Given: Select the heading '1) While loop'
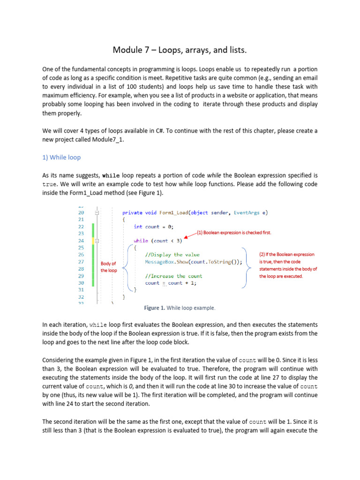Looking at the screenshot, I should (x=61, y=157).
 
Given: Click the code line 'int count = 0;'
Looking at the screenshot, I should (x=153, y=226).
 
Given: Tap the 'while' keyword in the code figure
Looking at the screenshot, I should (x=141, y=240).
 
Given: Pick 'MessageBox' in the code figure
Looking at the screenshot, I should (x=160, y=262).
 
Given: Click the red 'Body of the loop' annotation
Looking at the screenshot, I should (x=109, y=267).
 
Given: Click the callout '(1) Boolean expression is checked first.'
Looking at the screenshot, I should (x=233, y=232).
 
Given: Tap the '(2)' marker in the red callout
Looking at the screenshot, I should (x=262, y=255).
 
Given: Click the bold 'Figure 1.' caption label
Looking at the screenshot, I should (x=154, y=308).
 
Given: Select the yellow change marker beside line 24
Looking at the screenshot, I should (x=93, y=240).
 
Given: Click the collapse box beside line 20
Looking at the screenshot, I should (x=97, y=212).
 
